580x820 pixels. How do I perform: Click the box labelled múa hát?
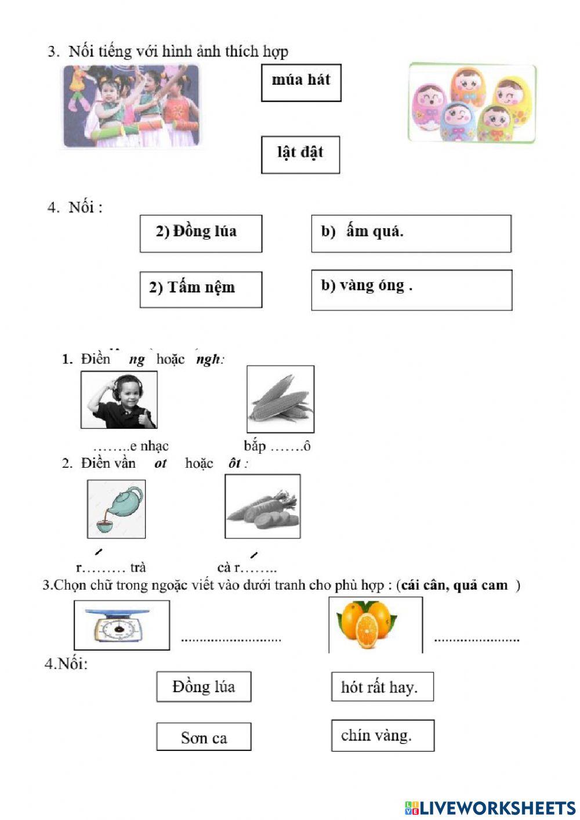pos(300,82)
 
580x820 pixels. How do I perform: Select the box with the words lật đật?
pos(300,154)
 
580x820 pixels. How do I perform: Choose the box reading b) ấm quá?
pos(411,233)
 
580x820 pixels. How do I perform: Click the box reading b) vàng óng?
pos(411,289)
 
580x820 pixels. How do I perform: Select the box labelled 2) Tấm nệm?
pos(200,289)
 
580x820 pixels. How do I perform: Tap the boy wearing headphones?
pos(119,400)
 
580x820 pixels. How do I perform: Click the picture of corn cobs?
pos(280,399)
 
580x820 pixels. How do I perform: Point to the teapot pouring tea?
pos(116,509)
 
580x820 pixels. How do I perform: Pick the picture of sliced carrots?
pos(262,507)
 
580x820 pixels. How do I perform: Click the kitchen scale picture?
pos(122,624)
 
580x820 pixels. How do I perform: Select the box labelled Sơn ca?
pos(204,736)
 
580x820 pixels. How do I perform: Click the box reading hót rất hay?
pos(382,687)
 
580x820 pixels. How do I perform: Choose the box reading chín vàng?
pos(382,735)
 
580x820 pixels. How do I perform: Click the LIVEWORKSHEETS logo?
pos(490,807)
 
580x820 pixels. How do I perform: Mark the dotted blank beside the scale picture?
pos(231,639)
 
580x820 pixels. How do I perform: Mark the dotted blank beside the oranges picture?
pos(476,639)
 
